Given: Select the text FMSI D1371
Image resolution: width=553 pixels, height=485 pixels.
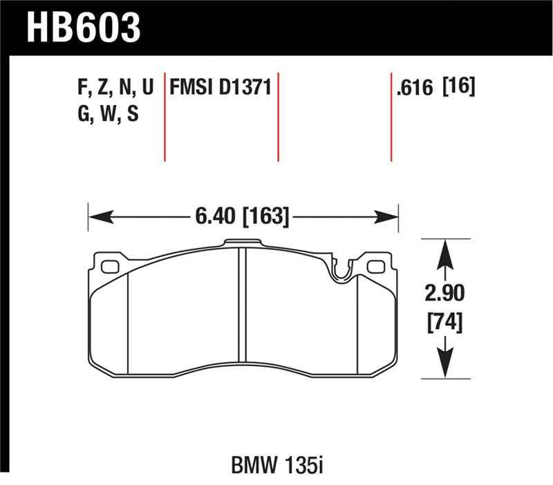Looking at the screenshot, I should coord(220,88).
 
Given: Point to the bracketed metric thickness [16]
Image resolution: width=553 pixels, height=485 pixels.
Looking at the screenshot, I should coord(458,88).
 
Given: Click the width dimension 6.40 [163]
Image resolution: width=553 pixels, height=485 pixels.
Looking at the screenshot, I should coord(242,216).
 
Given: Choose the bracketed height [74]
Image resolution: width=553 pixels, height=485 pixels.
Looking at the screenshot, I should coord(444,322).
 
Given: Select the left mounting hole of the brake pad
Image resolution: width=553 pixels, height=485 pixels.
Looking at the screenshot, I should coord(109,267).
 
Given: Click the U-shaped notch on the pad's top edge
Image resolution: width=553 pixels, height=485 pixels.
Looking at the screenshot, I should coord(339,270).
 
